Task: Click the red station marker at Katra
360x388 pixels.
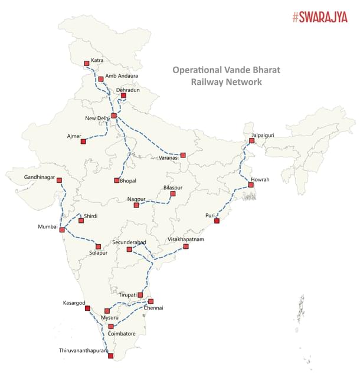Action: [87, 63]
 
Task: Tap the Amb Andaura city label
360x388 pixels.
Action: [122, 76]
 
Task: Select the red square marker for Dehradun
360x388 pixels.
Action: [123, 96]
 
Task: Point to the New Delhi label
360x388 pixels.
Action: [97, 119]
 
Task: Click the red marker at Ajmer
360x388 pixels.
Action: [83, 142]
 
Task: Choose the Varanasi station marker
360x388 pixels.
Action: [183, 155]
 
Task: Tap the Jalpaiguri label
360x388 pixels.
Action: [263, 135]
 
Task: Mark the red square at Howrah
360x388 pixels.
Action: [251, 185]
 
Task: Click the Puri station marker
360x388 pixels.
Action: [217, 221]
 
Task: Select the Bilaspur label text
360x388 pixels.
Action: [172, 187]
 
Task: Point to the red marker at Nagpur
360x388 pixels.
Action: [136, 205]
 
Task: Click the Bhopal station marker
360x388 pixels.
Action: [117, 180]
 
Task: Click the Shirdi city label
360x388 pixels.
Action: [91, 216]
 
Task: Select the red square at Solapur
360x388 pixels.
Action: [99, 246]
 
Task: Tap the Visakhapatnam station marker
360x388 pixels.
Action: [186, 246]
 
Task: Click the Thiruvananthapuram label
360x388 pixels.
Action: [84, 351]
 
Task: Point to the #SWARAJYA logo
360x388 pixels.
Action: [320, 17]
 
